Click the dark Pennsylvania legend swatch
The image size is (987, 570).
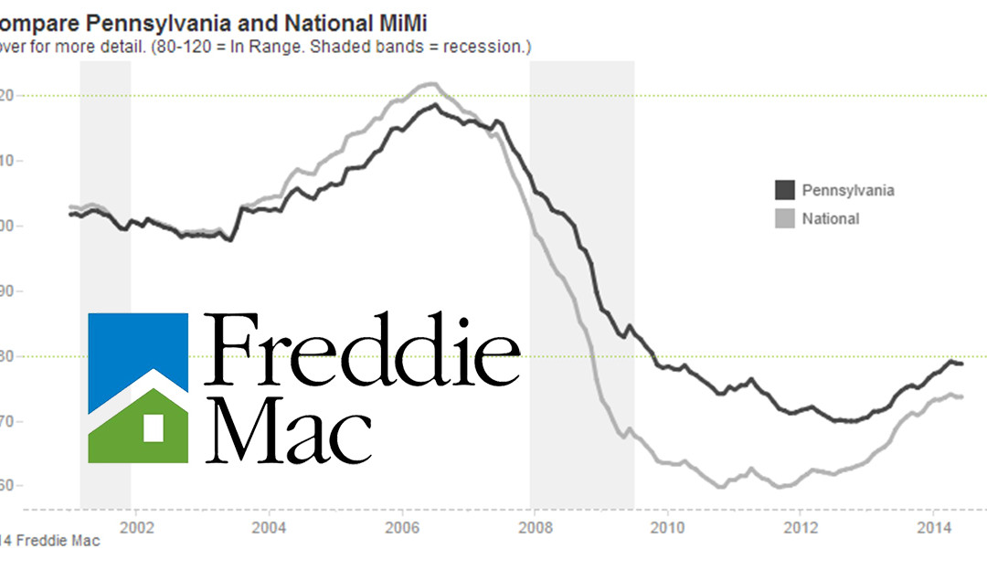click(784, 190)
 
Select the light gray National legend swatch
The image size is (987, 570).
click(784, 218)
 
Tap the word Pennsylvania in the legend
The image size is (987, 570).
click(847, 190)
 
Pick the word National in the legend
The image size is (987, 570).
click(830, 218)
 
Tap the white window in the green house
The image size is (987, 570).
click(153, 427)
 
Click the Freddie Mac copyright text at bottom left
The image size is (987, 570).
click(50, 541)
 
